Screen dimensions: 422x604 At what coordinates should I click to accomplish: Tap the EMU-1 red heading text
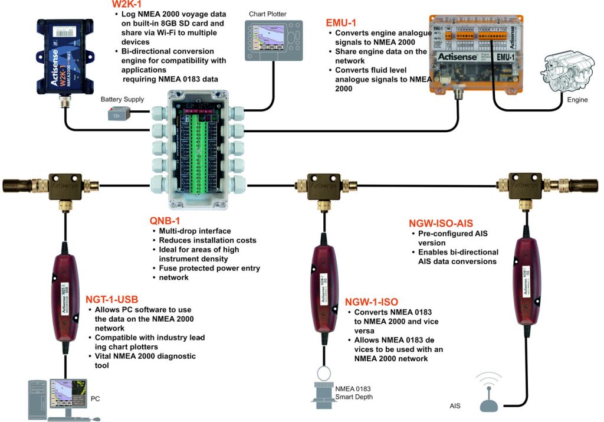pyautogui.click(x=342, y=23)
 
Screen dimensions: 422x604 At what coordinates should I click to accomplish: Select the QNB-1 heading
pyautogui.click(x=166, y=221)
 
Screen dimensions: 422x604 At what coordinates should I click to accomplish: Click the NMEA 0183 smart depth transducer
pyautogui.click(x=323, y=392)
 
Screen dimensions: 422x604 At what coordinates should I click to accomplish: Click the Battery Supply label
pyautogui.click(x=122, y=100)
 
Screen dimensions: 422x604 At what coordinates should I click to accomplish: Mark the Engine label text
pyautogui.click(x=577, y=100)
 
